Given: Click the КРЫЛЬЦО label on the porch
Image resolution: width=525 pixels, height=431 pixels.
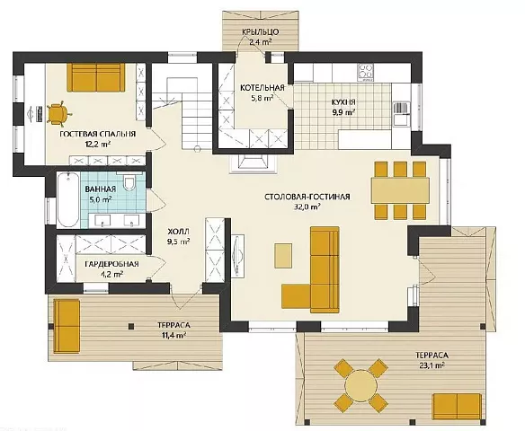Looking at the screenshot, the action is pos(260,32).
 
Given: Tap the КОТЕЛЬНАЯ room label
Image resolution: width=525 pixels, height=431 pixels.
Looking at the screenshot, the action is pos(262,88).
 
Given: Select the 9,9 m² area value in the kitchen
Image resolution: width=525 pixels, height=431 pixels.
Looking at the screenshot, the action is pos(343,112).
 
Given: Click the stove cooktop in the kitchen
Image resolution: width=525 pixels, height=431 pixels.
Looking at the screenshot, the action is pos(366,72).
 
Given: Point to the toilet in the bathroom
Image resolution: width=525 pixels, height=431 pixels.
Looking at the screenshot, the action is pos(129,182).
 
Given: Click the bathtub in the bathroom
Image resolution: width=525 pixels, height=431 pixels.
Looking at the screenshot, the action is pos(67,200).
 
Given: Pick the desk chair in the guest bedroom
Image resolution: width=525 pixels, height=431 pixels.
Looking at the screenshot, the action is pos(58,114).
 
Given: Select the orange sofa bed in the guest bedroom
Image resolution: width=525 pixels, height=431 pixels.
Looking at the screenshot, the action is pos(96,77).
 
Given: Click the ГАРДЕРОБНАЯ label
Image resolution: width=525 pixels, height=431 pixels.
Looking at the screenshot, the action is pos(111,264).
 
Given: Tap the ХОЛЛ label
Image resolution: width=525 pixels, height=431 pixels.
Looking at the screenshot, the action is pos(178,232).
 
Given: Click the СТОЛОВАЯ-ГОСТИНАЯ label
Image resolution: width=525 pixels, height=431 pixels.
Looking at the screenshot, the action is pos(307,197).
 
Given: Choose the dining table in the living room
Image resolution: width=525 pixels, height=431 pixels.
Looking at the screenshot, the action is pos(400,190).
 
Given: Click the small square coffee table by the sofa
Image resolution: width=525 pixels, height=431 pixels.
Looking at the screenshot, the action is pos(283,255).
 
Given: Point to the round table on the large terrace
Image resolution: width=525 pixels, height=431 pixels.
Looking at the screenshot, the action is pos(361,385).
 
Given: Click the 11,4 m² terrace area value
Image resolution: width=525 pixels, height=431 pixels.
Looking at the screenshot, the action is pos(174,335).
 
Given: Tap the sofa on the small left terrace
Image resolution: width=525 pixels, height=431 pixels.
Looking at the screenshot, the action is pos(67,326).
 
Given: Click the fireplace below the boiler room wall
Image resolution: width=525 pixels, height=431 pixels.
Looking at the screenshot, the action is pos(254,163).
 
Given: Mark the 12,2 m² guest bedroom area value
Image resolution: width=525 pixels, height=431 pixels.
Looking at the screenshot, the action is pos(98,145).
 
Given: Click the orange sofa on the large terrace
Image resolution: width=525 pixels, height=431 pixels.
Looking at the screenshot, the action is pos(457,406).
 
